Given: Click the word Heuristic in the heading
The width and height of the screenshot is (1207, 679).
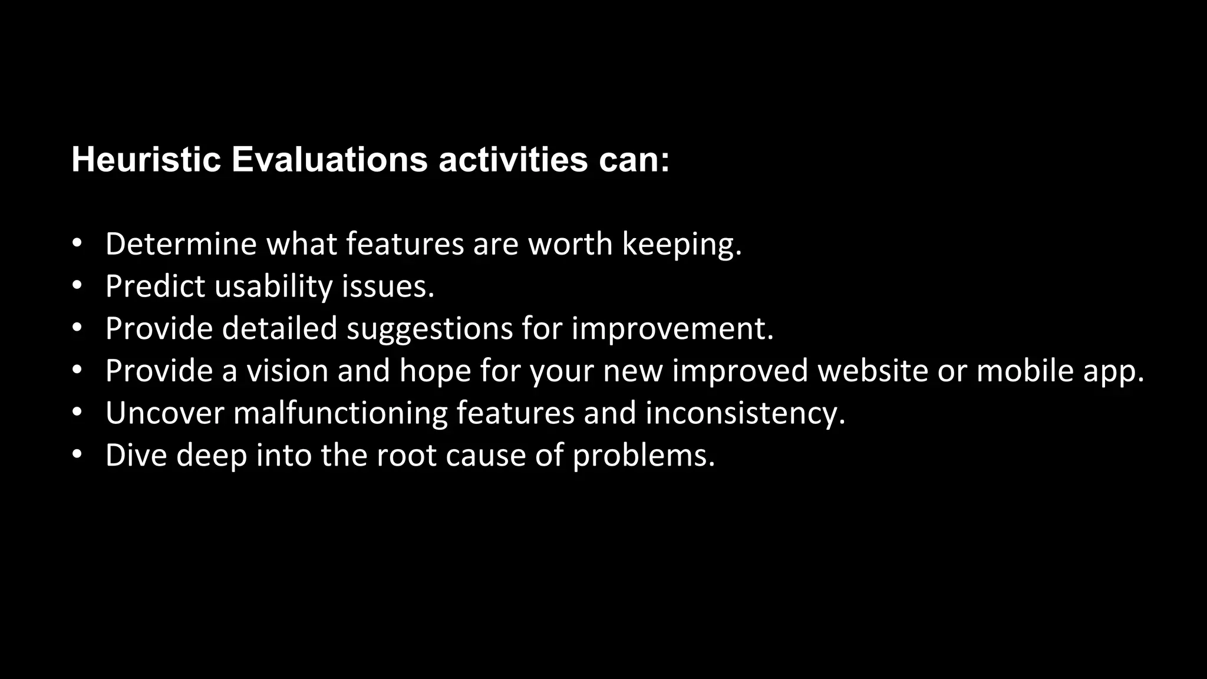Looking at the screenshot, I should click(x=146, y=159).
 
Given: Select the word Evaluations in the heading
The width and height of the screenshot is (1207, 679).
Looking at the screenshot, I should click(x=329, y=159).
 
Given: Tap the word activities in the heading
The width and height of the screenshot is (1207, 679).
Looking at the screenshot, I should click(x=513, y=159).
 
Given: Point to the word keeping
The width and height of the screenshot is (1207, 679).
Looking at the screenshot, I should click(x=681, y=245).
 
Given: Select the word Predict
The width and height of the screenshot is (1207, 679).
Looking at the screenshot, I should click(x=155, y=286).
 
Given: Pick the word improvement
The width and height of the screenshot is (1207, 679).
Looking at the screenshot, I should click(x=672, y=329).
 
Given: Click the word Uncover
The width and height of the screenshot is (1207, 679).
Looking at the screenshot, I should click(x=165, y=413).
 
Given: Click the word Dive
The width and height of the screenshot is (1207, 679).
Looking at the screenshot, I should click(x=136, y=456).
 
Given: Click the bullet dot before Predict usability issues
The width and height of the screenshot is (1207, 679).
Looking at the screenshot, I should click(x=76, y=286).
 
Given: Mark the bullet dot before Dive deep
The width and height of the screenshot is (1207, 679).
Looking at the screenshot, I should click(x=76, y=455).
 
